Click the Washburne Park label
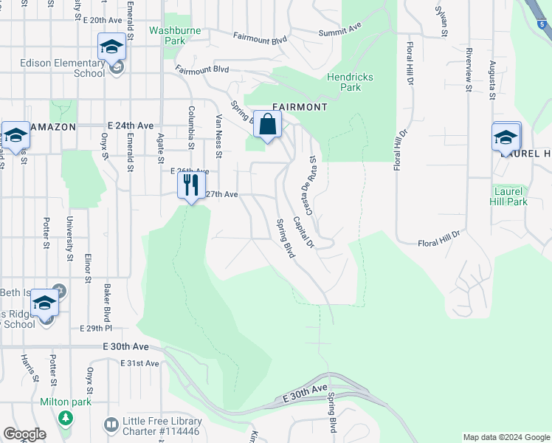tap(167, 36)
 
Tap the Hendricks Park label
tap(351, 82)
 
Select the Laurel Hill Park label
tap(510, 196)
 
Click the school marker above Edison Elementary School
tap(112, 47)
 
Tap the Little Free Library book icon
tap(111, 425)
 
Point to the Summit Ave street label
tap(339, 30)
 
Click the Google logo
tap(24, 434)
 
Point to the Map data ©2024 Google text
tap(506, 437)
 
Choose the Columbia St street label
tap(191, 127)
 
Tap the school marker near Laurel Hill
tap(506, 137)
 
